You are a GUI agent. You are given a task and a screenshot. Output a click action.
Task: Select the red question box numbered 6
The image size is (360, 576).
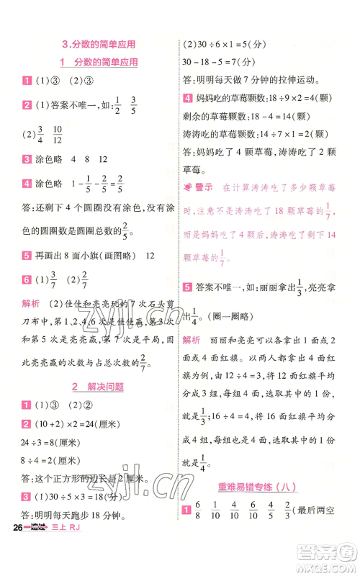click(x=26, y=279)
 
